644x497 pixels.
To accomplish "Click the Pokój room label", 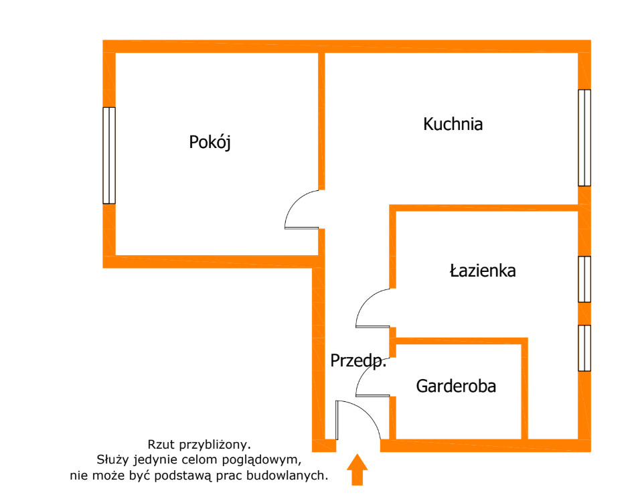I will click(210, 143).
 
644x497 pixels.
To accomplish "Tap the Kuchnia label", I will click(453, 124).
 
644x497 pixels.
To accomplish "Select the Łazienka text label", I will click(482, 271).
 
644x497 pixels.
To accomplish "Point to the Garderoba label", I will click(456, 386).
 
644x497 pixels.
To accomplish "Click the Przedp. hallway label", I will click(358, 361).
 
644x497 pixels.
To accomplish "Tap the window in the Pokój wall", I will click(109, 155).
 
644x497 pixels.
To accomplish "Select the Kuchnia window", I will click(584, 137).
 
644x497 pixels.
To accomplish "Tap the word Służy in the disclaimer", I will click(112, 459).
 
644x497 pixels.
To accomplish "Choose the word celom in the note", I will click(199, 459).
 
